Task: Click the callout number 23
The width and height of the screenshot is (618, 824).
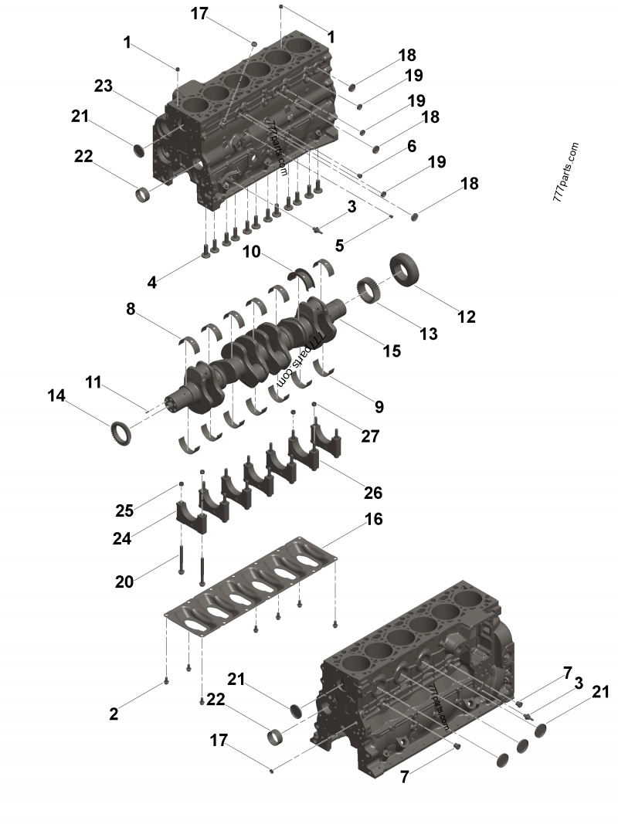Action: coord(104,85)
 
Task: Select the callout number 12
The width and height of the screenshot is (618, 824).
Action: coord(466,317)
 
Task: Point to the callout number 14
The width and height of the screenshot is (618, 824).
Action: coord(56,395)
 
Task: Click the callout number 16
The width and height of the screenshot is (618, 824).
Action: coord(373,519)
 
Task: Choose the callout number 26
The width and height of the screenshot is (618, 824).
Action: coord(372,493)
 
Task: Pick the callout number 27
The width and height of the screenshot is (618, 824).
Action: coord(370,436)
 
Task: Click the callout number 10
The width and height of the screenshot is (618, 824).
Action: coord(251,252)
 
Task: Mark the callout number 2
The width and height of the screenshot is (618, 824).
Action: coord(114,714)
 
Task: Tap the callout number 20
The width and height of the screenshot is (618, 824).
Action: coord(124,582)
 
